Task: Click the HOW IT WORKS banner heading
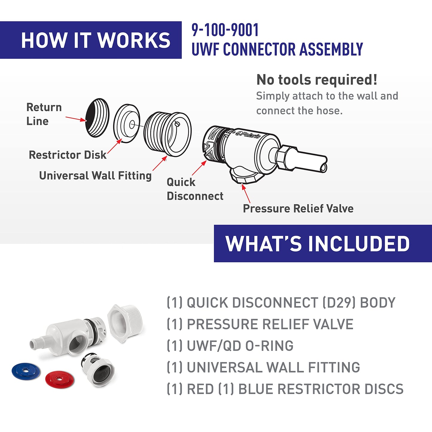click(96, 40)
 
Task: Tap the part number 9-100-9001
click(225, 30)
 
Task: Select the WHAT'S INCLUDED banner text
click(317, 244)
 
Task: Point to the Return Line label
click(44, 114)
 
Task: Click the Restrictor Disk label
click(68, 155)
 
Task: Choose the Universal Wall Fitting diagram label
click(95, 175)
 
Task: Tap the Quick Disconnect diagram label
click(195, 189)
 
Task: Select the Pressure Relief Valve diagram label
click(298, 208)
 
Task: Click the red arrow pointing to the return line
click(76, 119)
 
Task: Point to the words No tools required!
click(317, 80)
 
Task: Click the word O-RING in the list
click(269, 346)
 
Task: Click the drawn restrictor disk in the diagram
click(127, 123)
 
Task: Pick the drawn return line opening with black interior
click(97, 118)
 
